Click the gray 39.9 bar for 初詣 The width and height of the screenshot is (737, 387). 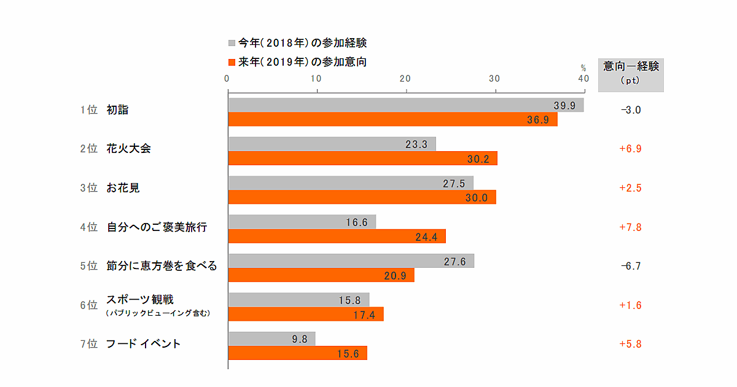[x=405, y=105]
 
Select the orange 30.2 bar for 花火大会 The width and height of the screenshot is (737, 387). [x=362, y=158]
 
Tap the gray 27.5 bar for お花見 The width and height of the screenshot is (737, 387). [x=350, y=183]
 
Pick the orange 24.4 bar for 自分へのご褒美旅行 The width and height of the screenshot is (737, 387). [x=337, y=237]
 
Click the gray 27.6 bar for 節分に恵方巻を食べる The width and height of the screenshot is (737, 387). [x=351, y=261]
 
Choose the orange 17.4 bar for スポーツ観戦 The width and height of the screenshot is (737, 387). [x=305, y=314]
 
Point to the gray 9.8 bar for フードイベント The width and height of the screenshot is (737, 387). [x=271, y=338]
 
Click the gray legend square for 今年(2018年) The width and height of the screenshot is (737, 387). [x=232, y=43]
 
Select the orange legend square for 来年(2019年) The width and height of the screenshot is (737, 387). [x=232, y=62]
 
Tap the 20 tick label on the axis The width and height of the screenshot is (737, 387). [x=405, y=79]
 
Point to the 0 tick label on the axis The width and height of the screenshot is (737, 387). [x=227, y=79]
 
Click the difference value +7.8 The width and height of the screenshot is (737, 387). [x=631, y=227]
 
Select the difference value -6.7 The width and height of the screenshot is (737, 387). [x=631, y=266]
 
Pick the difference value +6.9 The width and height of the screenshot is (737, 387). [x=631, y=149]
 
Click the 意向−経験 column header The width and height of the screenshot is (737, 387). [x=631, y=66]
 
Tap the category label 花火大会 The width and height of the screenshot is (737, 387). [x=128, y=149]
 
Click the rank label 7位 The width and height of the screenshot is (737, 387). [x=89, y=344]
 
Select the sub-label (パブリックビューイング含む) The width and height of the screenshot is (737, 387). [x=158, y=313]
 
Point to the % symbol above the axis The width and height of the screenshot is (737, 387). [x=583, y=68]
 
